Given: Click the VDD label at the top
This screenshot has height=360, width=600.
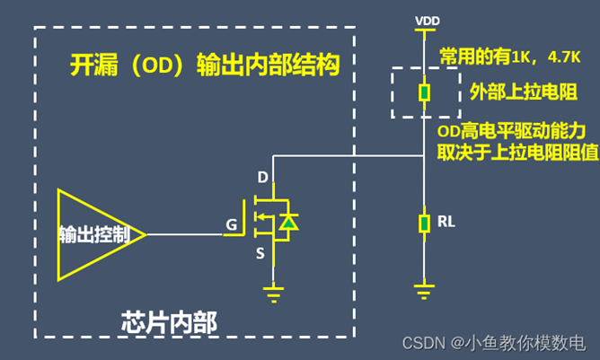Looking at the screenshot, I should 426,19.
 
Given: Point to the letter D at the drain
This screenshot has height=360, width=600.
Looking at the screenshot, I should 262,177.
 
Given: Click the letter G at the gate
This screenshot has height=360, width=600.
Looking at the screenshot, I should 231,224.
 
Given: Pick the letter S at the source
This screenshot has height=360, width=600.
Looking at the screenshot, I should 260,253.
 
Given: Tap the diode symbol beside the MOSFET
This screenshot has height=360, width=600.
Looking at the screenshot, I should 287,220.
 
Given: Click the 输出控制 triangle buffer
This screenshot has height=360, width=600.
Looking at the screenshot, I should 94,234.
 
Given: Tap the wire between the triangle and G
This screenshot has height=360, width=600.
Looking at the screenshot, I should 183,234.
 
